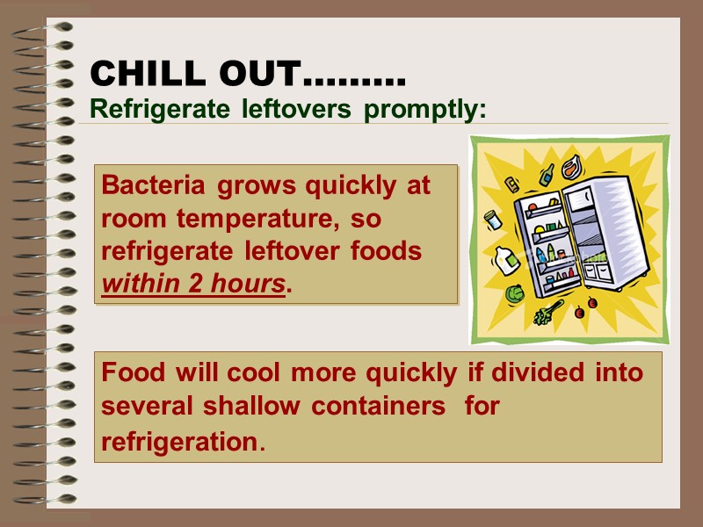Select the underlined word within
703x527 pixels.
(x=141, y=285)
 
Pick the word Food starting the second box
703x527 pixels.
(x=133, y=372)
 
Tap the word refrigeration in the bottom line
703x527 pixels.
(x=181, y=442)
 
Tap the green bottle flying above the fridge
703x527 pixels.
(x=547, y=174)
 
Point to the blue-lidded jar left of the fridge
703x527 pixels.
(x=493, y=219)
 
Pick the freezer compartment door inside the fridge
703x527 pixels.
(x=581, y=199)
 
